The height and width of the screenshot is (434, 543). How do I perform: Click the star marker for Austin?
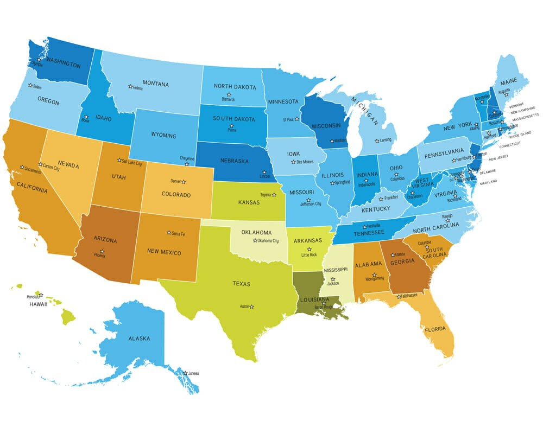[251, 307]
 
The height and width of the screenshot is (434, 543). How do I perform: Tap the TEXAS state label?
[242, 284]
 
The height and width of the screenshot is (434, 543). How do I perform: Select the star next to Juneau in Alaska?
[185, 373]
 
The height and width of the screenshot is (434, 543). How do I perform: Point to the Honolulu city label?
[33, 297]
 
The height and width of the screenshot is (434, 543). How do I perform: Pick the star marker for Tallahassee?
[399, 296]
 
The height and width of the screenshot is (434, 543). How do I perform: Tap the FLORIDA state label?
[435, 329]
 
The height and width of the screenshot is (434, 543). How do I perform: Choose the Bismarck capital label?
[228, 100]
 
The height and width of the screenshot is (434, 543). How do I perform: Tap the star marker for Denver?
[183, 182]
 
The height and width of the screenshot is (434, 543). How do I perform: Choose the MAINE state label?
[508, 81]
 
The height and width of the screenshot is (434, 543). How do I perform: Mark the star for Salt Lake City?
[119, 160]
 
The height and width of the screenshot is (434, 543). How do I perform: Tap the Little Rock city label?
[309, 254]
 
